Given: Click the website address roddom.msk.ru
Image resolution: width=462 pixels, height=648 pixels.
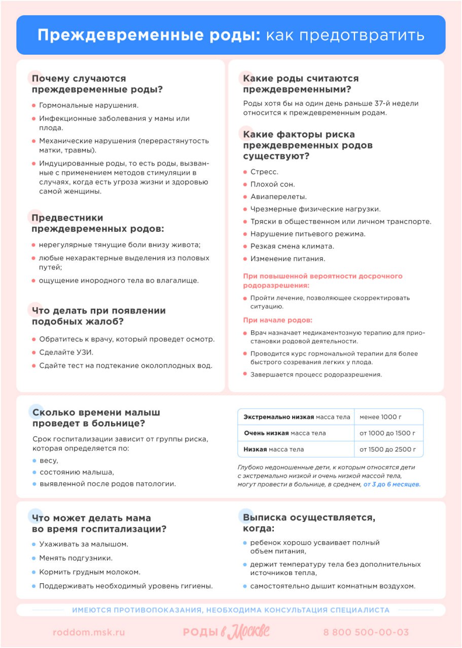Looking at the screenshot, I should [x=89, y=632].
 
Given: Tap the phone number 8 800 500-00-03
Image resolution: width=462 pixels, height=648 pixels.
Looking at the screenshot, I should [x=366, y=632].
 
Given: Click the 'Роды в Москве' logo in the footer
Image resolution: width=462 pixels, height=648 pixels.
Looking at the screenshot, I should [x=226, y=632].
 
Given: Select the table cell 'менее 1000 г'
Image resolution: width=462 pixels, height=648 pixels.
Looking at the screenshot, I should [x=380, y=417].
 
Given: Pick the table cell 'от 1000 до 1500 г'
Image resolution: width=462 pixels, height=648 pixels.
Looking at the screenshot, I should [x=387, y=433].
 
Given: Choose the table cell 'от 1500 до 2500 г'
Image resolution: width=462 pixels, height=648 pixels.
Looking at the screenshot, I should [x=387, y=450].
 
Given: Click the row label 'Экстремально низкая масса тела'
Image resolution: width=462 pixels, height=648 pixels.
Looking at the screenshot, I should [x=297, y=417].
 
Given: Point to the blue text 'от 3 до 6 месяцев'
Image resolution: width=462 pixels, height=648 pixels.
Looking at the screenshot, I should [x=392, y=484].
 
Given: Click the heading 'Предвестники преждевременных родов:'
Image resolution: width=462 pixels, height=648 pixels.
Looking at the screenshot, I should [x=98, y=223].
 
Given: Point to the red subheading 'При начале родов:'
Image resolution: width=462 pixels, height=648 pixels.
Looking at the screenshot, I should [x=277, y=320].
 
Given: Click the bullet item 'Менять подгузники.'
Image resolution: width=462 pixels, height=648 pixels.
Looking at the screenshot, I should [x=76, y=558].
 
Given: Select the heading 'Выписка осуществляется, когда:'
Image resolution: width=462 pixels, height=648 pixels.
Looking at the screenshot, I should [x=309, y=523].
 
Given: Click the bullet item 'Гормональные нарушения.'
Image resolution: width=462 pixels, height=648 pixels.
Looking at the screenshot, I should [x=89, y=105].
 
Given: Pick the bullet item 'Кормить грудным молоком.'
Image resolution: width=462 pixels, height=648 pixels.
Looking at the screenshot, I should [x=90, y=572].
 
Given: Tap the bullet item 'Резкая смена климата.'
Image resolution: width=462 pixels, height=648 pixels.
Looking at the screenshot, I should [x=292, y=247].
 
